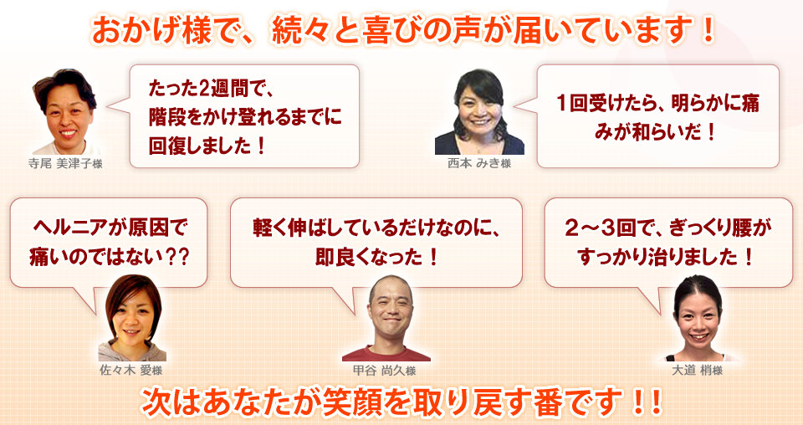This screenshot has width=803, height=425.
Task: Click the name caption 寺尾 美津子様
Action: pos(65,164)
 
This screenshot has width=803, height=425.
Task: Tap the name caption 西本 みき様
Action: pos(479,163)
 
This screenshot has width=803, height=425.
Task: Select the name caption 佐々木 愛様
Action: pos(130,370)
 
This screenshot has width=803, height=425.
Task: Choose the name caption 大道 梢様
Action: pos(697,371)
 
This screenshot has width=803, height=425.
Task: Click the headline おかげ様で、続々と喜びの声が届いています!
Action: pos(402,31)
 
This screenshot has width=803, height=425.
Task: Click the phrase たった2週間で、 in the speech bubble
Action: pos(212,90)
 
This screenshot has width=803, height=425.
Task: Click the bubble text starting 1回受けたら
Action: pos(658,118)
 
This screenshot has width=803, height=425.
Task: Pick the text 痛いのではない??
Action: pos(109,257)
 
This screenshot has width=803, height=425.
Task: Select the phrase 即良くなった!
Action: pos(377,257)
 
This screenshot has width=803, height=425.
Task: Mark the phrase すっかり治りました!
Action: pos(666,257)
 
